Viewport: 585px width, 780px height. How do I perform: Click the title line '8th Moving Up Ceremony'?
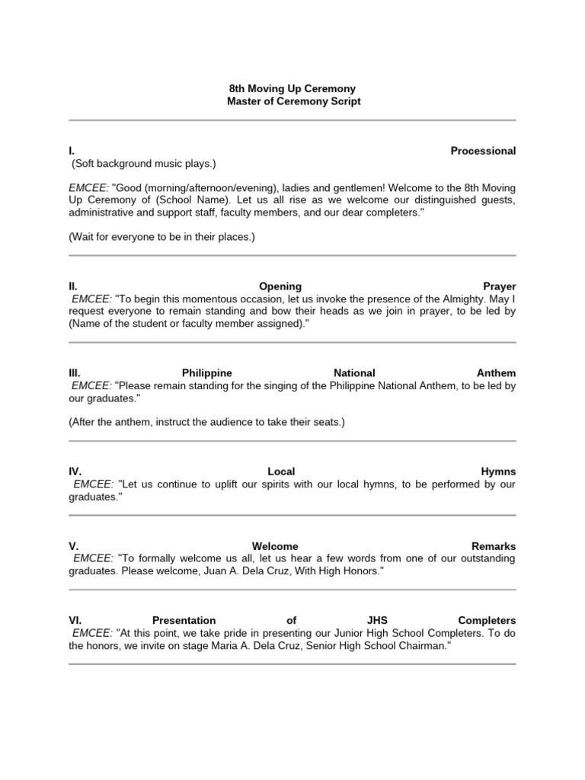(x=293, y=89)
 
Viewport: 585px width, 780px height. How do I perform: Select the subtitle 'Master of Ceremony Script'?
(x=293, y=101)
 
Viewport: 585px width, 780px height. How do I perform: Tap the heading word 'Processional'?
(x=483, y=151)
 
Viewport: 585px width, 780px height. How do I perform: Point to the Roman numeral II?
(x=72, y=286)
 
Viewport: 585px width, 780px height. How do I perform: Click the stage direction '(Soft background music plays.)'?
(x=144, y=164)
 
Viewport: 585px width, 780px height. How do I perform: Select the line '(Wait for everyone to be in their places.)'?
(x=161, y=237)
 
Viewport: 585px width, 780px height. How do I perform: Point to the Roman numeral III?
(x=74, y=373)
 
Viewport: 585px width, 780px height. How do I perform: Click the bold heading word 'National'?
(x=354, y=373)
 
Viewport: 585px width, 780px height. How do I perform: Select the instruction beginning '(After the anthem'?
(x=206, y=422)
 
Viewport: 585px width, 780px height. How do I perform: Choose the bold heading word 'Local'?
(x=281, y=472)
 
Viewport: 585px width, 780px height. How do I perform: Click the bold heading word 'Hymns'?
(x=498, y=472)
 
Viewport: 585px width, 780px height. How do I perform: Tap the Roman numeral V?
(x=73, y=546)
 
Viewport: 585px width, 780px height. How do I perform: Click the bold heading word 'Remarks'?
(x=494, y=546)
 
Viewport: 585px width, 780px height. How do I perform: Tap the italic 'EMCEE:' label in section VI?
(x=92, y=633)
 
